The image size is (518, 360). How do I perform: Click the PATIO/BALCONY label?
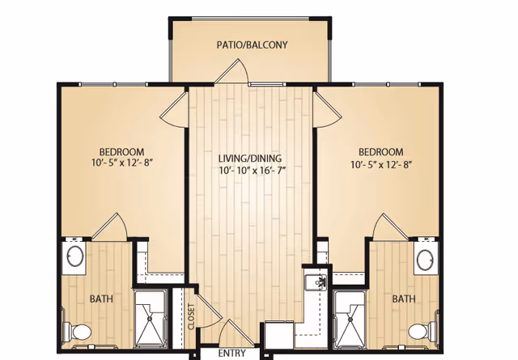[x=252, y=45]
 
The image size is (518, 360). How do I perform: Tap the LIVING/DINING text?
[x=249, y=158]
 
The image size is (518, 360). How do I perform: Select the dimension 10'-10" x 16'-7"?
[x=249, y=172]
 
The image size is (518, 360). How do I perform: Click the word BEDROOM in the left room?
[x=121, y=152]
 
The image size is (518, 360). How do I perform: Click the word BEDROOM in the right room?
[x=380, y=152]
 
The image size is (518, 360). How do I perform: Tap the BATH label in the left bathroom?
[x=101, y=299]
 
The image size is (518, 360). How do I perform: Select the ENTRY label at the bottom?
[x=231, y=354]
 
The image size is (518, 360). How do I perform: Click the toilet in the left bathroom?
[x=80, y=331]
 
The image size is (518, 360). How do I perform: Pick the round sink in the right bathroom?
[x=426, y=259]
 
